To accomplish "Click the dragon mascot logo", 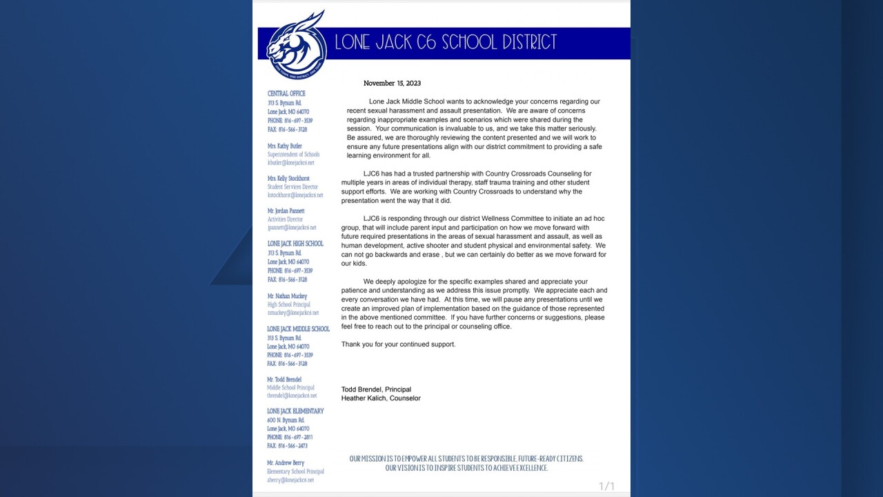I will [297, 46].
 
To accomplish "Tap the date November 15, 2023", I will [392, 84].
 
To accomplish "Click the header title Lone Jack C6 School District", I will [446, 43].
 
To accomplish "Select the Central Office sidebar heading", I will [286, 94].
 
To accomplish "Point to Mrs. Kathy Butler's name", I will [285, 146].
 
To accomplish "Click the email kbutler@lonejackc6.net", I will [291, 163].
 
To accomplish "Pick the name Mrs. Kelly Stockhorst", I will [288, 179].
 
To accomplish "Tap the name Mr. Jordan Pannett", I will [286, 211].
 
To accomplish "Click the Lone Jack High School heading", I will [295, 244].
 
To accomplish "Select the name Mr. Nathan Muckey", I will [287, 296].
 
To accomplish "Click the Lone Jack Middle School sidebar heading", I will [299, 329].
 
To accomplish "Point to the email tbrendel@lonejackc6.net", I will [292, 396].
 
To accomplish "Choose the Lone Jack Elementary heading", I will [295, 411].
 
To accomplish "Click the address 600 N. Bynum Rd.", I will [286, 420].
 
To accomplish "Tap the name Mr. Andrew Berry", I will [286, 463].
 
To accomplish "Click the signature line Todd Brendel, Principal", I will [376, 389].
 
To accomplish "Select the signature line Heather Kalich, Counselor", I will [381, 398].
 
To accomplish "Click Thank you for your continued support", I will [398, 344].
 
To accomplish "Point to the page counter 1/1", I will [606, 487].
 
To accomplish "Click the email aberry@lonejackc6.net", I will [290, 480].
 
